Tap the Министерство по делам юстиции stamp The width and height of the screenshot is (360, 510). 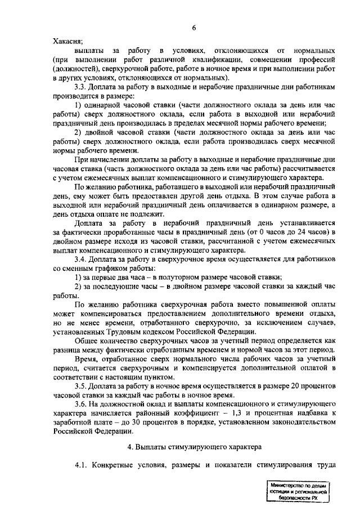tap(298, 491)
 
